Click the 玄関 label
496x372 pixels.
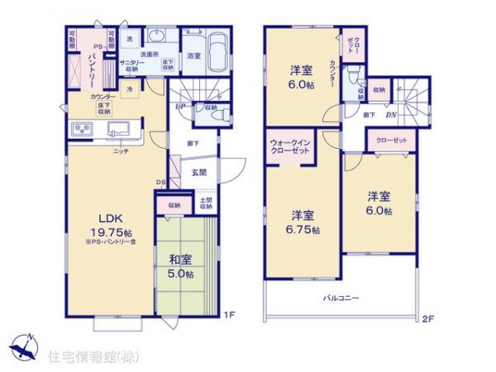point(199,173)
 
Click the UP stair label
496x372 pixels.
point(179,107)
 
